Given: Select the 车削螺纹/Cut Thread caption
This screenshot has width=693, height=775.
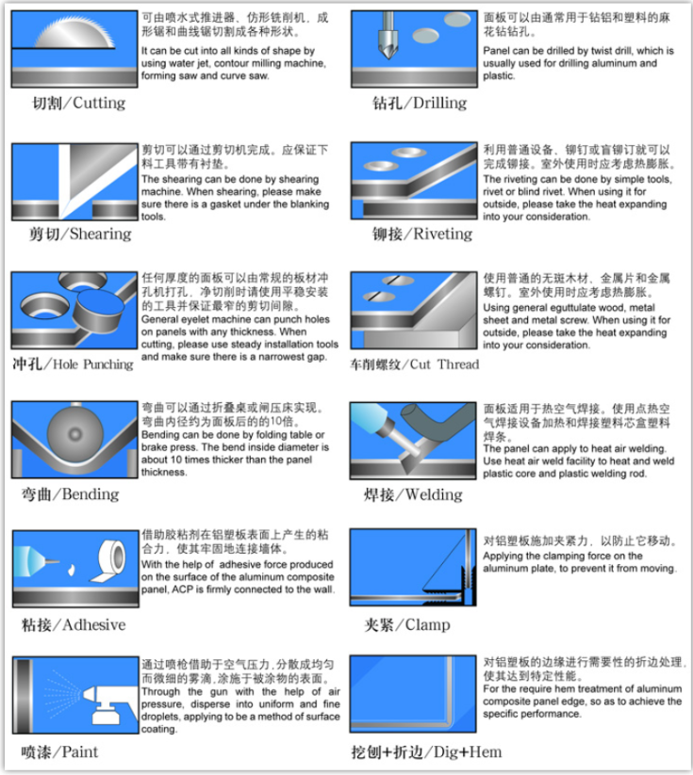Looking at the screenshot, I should point(414,363).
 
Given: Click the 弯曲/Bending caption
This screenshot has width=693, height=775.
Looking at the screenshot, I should point(70,493).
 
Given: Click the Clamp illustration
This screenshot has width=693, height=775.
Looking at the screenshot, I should point(413,568).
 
